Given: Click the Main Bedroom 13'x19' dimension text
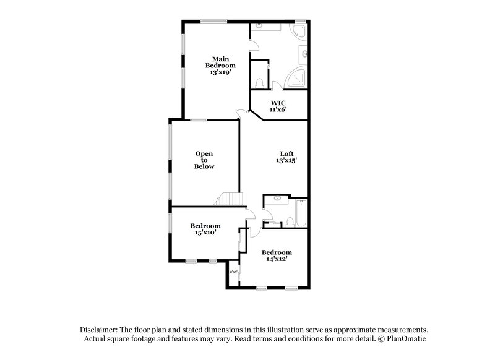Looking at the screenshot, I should [221, 72].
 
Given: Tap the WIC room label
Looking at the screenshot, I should [278, 102].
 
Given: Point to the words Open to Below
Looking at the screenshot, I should [205, 160].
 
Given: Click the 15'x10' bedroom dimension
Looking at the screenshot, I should [205, 233].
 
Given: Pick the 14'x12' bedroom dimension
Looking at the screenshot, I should [276, 259].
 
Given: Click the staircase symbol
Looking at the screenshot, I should [230, 199].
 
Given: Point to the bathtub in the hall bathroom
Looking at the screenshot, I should [301, 213].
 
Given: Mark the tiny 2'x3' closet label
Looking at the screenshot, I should [234, 272].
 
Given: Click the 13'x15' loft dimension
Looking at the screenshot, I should [286, 160].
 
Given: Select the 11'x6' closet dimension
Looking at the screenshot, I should [278, 109].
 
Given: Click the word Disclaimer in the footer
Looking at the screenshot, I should [100, 330].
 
